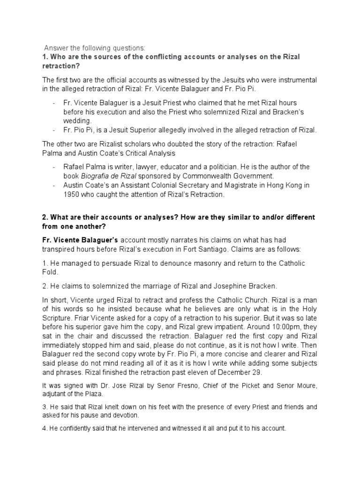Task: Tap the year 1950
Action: tap(73, 194)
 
